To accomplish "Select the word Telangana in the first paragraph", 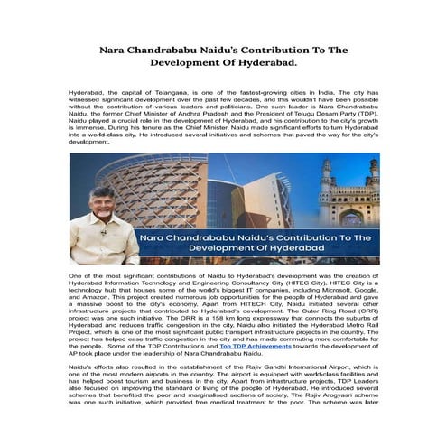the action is [164, 93].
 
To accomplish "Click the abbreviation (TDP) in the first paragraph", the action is [365, 109].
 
